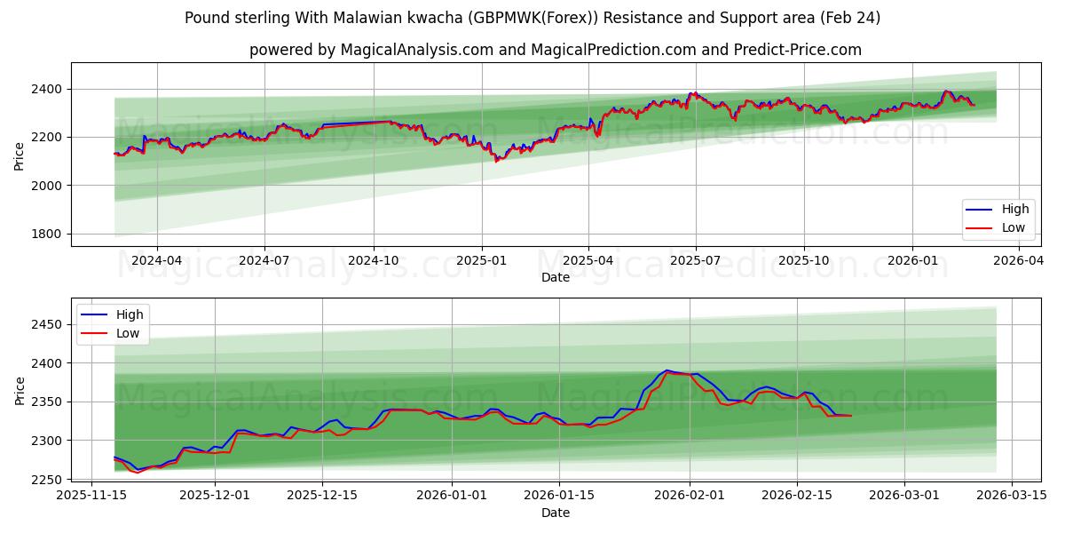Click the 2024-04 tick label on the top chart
click(x=157, y=261)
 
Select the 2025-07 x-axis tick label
click(x=696, y=261)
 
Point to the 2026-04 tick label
click(x=1018, y=261)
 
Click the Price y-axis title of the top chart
click(x=20, y=155)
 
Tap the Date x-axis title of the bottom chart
click(x=555, y=513)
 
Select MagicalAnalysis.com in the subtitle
click(x=416, y=50)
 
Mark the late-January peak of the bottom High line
click(x=667, y=370)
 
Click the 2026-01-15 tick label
click(x=559, y=496)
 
